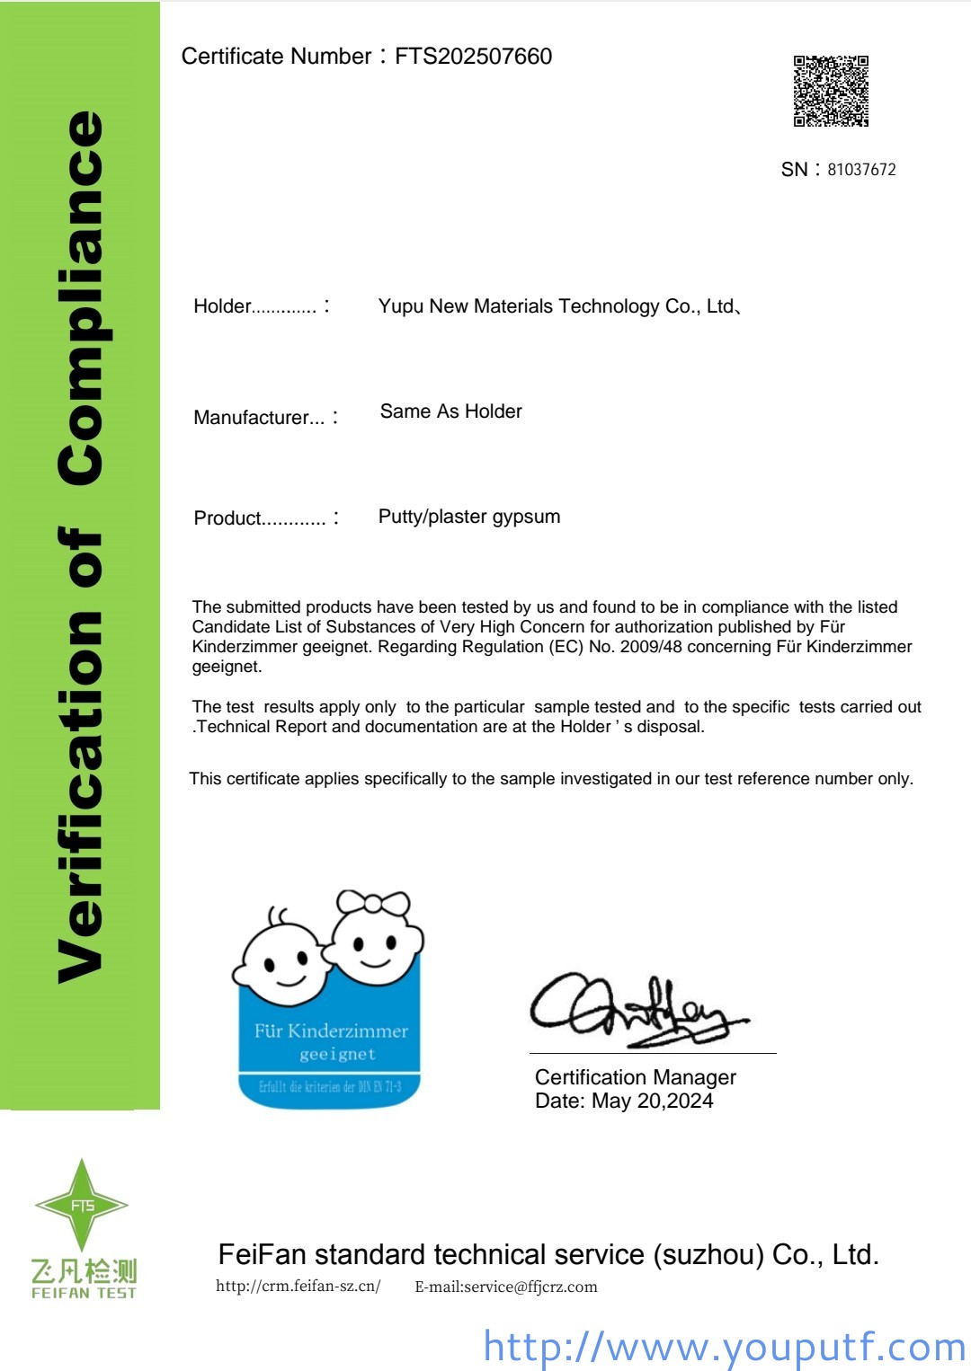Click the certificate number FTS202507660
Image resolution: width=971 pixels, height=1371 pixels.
coord(473,57)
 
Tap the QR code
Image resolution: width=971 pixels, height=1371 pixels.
coord(831,91)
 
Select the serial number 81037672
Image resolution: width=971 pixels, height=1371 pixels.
coord(861,170)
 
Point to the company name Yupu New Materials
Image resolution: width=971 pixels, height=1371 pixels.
coord(557,306)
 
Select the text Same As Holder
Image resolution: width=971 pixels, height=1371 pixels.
coord(450,411)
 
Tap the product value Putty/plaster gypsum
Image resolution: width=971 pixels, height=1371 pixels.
coord(468,517)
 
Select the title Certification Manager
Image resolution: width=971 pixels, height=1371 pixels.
coord(635,1077)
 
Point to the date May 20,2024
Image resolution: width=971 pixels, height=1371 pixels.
coord(652,1101)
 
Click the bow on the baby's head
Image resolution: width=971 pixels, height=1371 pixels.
coord(372,902)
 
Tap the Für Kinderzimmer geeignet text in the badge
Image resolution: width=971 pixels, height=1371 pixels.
coord(331,1041)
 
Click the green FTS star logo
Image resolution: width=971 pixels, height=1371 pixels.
coord(82,1205)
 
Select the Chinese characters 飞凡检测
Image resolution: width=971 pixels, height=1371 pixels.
coord(84,1270)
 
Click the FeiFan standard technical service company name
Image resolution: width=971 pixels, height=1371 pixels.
coord(548,1254)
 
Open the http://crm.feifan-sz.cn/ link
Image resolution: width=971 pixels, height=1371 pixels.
coord(298,1287)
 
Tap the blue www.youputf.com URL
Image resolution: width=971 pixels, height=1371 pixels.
coord(724,1347)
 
